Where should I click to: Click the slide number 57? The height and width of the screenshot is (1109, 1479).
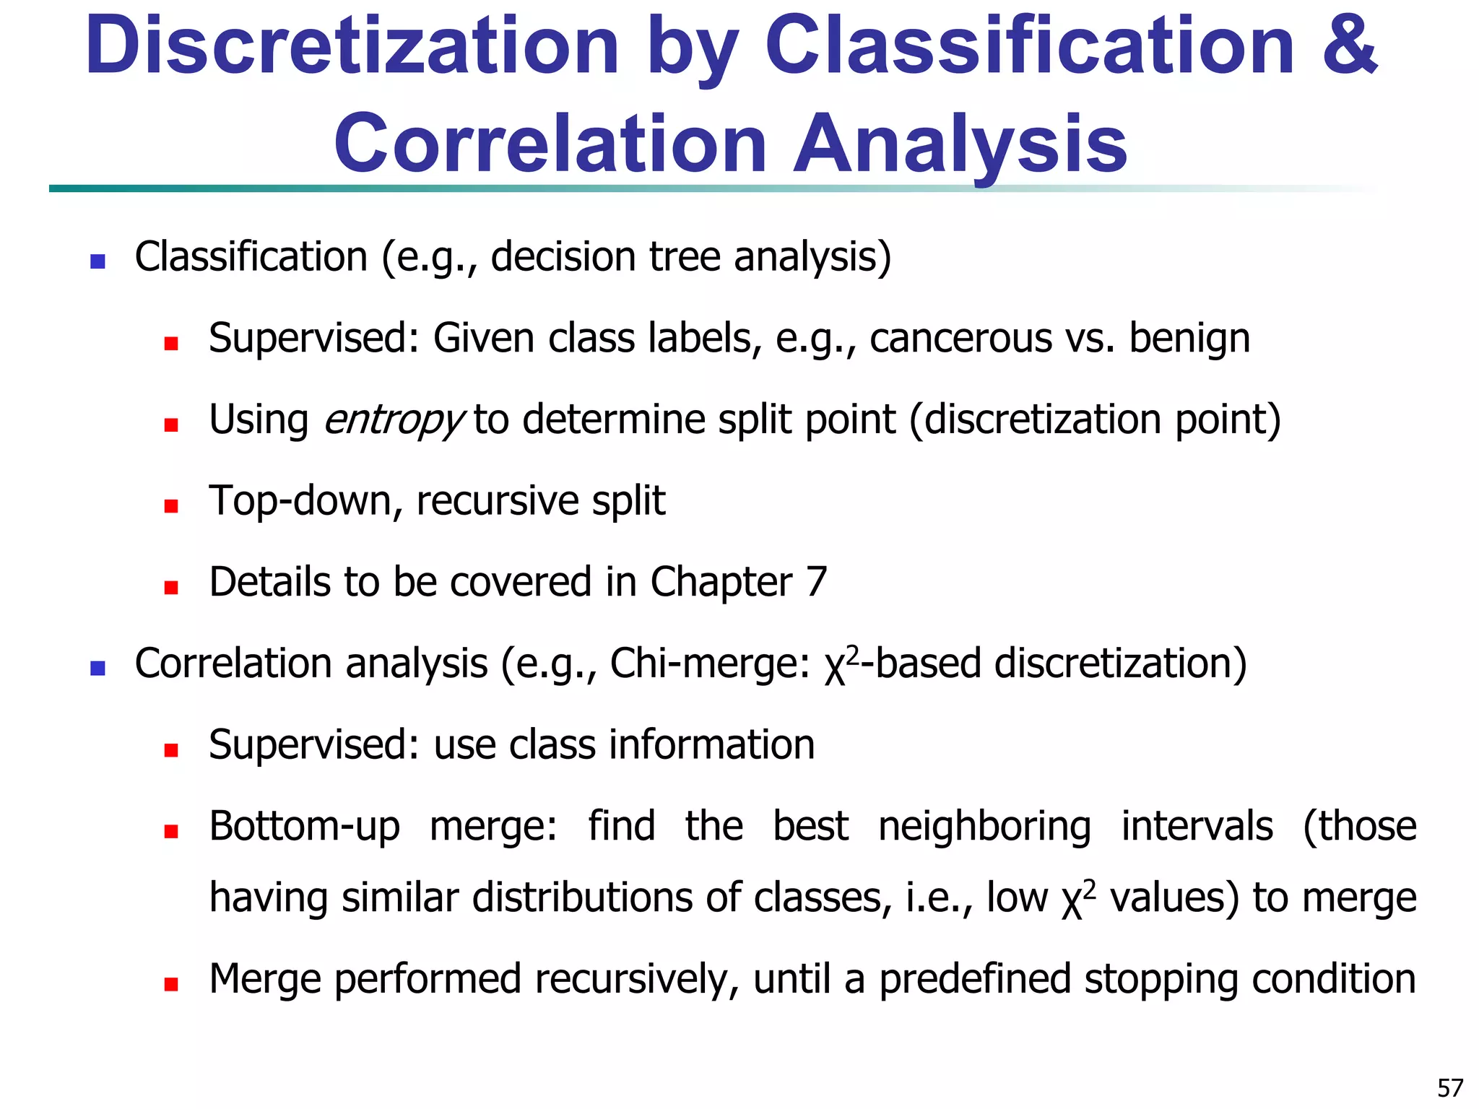1449,1087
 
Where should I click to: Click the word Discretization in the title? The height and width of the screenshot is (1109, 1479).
352,46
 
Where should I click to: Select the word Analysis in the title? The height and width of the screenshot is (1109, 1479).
960,144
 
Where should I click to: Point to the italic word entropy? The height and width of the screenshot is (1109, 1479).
393,420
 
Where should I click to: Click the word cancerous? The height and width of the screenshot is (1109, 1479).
960,338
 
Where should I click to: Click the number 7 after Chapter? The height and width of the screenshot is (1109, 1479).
816,582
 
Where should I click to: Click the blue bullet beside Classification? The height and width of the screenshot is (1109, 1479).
97,261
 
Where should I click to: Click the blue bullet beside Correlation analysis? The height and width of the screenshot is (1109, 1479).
97,668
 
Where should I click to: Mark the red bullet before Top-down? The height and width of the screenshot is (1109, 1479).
171,505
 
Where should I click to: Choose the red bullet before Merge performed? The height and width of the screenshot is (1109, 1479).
171,983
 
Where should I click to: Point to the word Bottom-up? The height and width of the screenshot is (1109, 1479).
304,827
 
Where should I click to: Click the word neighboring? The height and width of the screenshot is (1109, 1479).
984,827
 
